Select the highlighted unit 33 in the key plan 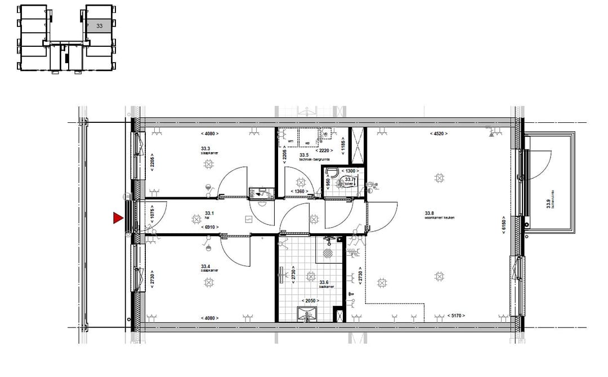[100, 25]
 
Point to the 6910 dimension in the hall [209, 227]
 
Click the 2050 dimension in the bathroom [308, 301]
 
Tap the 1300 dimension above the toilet [350, 171]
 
